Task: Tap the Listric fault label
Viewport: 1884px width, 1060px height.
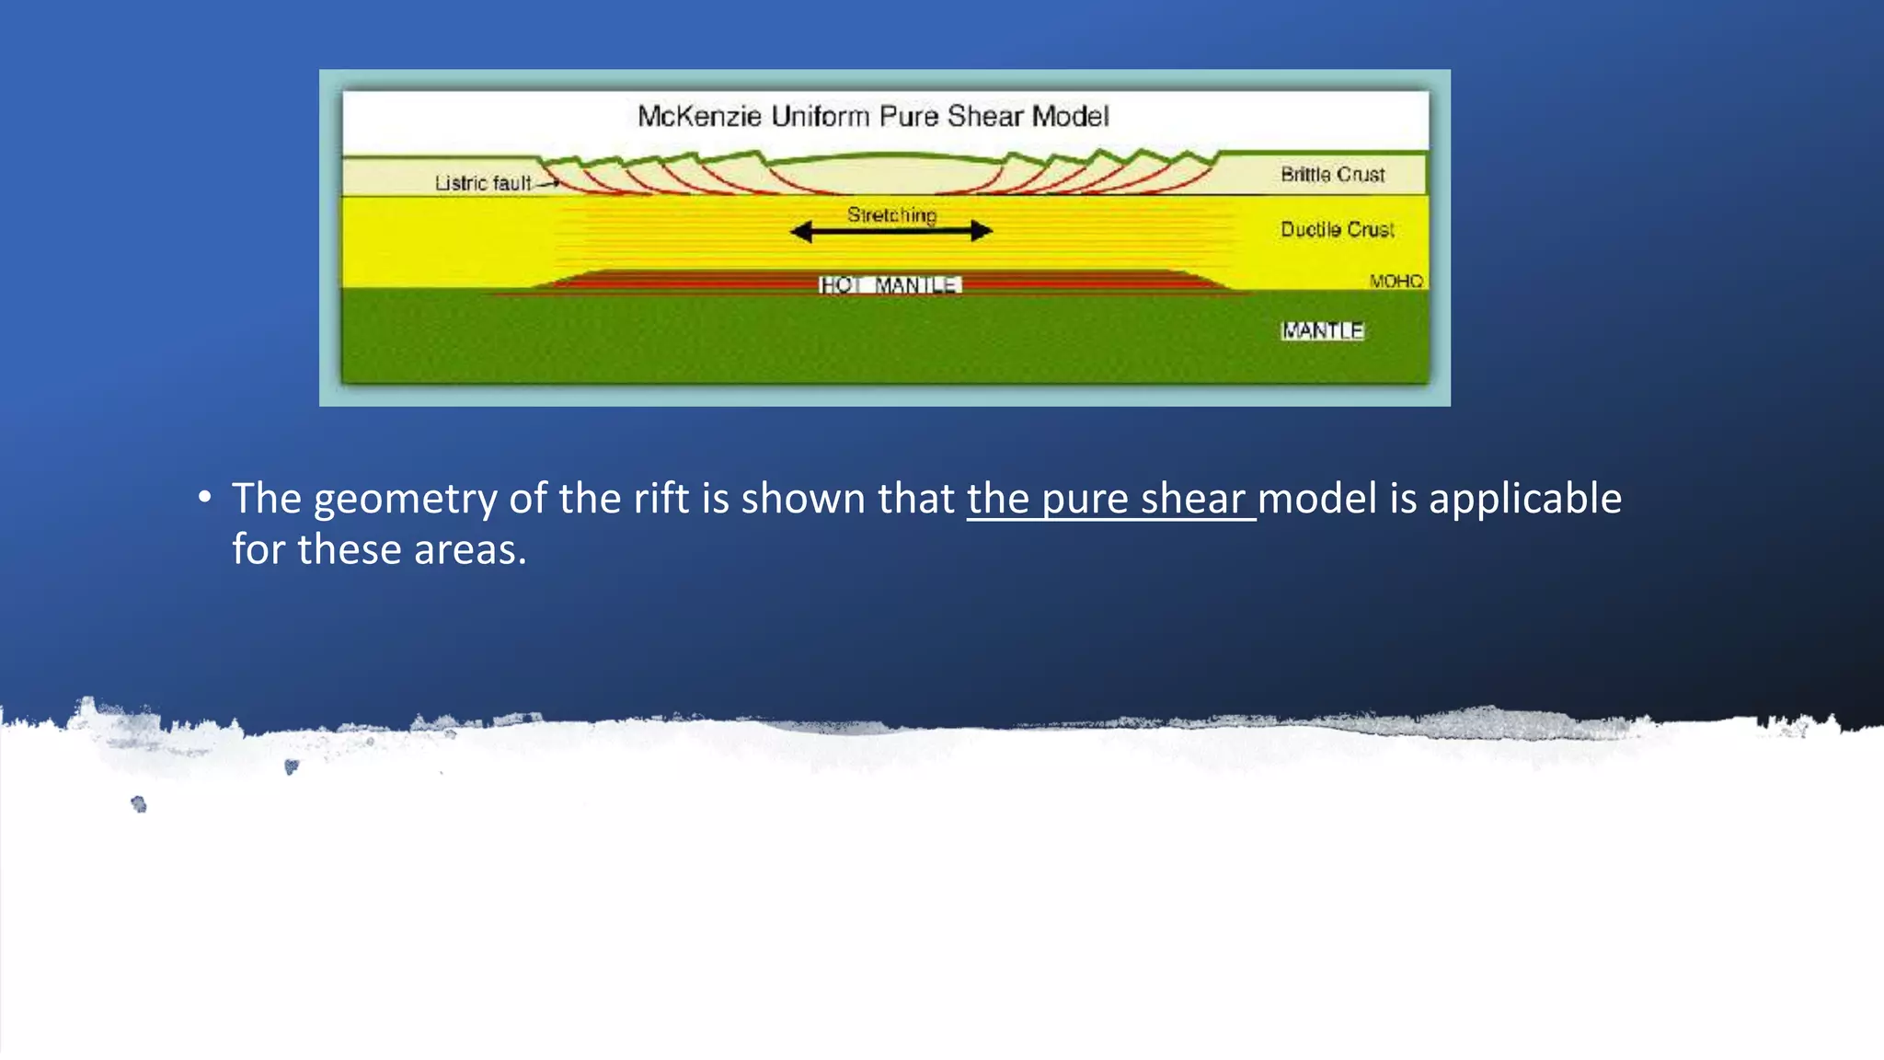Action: pyautogui.click(x=482, y=183)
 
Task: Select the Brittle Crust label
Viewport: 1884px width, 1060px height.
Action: pyautogui.click(x=1332, y=175)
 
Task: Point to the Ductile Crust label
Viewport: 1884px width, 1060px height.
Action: pyautogui.click(x=1337, y=229)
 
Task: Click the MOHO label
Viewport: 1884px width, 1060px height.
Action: pyautogui.click(x=1396, y=281)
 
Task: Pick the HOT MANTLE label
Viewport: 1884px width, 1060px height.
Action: pyautogui.click(x=890, y=285)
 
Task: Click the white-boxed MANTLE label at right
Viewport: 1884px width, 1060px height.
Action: pyautogui.click(x=1322, y=330)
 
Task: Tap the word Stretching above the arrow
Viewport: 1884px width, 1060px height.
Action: pyautogui.click(x=891, y=215)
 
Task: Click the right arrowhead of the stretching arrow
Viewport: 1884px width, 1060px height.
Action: pyautogui.click(x=982, y=232)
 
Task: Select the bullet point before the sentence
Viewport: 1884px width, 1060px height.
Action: pyautogui.click(x=204, y=498)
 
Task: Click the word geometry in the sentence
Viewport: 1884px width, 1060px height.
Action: pyautogui.click(x=405, y=500)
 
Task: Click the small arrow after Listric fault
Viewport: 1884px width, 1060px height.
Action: pyautogui.click(x=548, y=184)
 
